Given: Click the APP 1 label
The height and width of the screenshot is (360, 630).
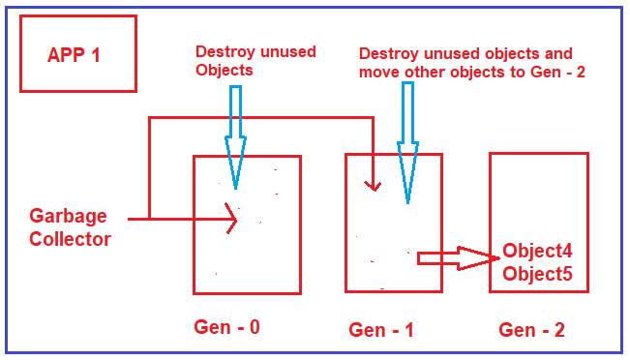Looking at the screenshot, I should coord(74,54).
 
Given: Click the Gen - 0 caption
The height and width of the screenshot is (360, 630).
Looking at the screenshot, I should coord(226,327).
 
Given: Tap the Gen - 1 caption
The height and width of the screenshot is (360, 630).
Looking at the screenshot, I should coord(381,330).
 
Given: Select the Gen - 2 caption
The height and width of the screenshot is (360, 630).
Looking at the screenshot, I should coord(531,330).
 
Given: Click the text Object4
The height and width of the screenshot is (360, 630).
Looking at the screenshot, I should coord(537,250).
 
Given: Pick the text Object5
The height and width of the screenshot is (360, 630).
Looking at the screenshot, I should coord(537,274).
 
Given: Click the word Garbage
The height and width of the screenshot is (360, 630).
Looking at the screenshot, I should coord(68,216).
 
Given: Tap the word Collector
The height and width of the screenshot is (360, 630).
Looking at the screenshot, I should coord(71,239).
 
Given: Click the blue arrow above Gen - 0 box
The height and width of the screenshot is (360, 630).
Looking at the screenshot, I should coord(235,131).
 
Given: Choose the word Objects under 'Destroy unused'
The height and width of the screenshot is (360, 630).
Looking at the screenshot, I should coord(224,71).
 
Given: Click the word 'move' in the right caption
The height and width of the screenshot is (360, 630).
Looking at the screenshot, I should coord(378,73).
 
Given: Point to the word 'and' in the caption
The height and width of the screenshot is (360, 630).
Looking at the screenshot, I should coord(559,54).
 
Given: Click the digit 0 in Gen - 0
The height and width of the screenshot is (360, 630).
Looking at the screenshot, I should coord(254,327).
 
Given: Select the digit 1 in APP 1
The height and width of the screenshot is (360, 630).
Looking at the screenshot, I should coord(95,54).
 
